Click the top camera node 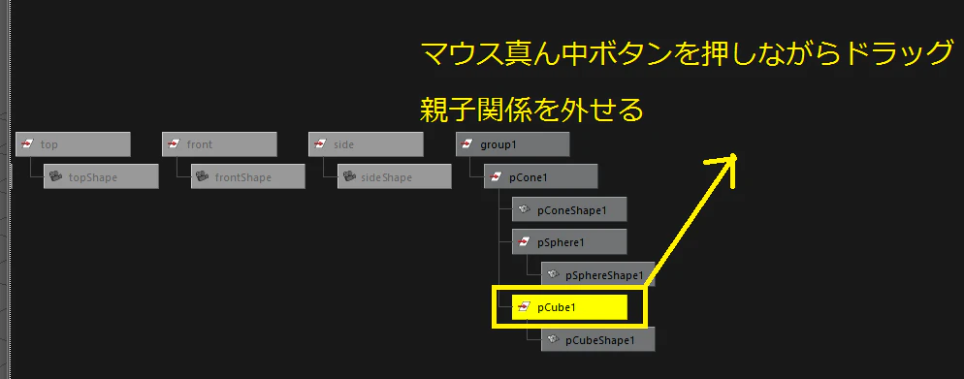73,144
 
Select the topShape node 102,176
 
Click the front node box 219,144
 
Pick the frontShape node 247,176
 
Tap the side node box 366,144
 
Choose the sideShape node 394,176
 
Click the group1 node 513,144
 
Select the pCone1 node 541,176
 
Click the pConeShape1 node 569,209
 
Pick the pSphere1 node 569,242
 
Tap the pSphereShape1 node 598,274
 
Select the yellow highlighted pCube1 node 569,307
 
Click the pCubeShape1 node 598,339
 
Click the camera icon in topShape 55,177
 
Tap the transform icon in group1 466,144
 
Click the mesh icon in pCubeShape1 553,339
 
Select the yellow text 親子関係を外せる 531,111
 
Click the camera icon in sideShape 348,177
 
